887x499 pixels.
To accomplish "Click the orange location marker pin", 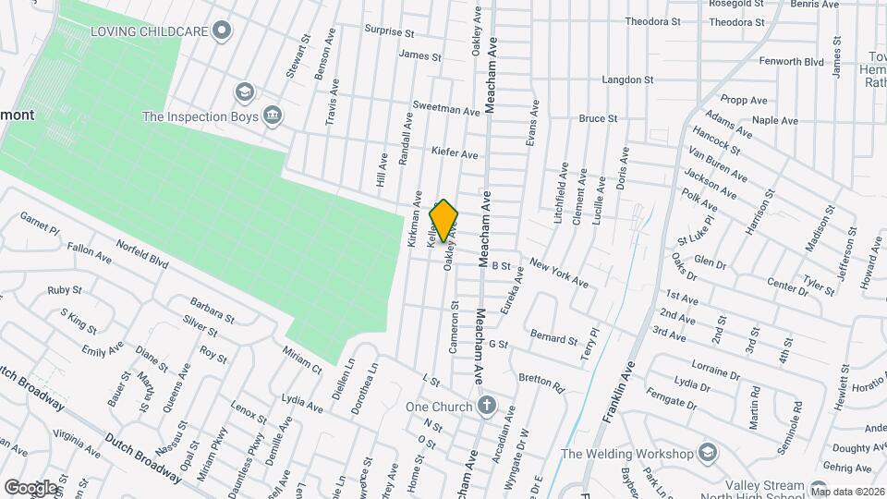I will click(443, 220).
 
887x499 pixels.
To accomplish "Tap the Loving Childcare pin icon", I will click(220, 31).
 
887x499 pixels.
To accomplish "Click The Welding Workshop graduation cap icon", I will click(707, 453).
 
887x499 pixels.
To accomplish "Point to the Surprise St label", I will click(389, 31).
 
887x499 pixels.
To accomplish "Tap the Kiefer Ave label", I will click(455, 153).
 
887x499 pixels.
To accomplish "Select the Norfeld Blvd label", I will click(142, 253).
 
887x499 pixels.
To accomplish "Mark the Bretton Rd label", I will click(541, 380).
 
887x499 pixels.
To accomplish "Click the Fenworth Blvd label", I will click(788, 62).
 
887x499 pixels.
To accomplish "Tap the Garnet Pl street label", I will click(40, 222).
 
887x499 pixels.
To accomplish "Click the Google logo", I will click(30, 487).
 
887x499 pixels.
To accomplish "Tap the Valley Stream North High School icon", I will click(819, 488).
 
